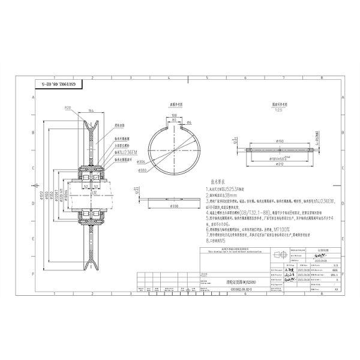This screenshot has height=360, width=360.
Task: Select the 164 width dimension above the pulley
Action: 91,111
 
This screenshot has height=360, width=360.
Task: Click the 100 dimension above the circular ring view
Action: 172,115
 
